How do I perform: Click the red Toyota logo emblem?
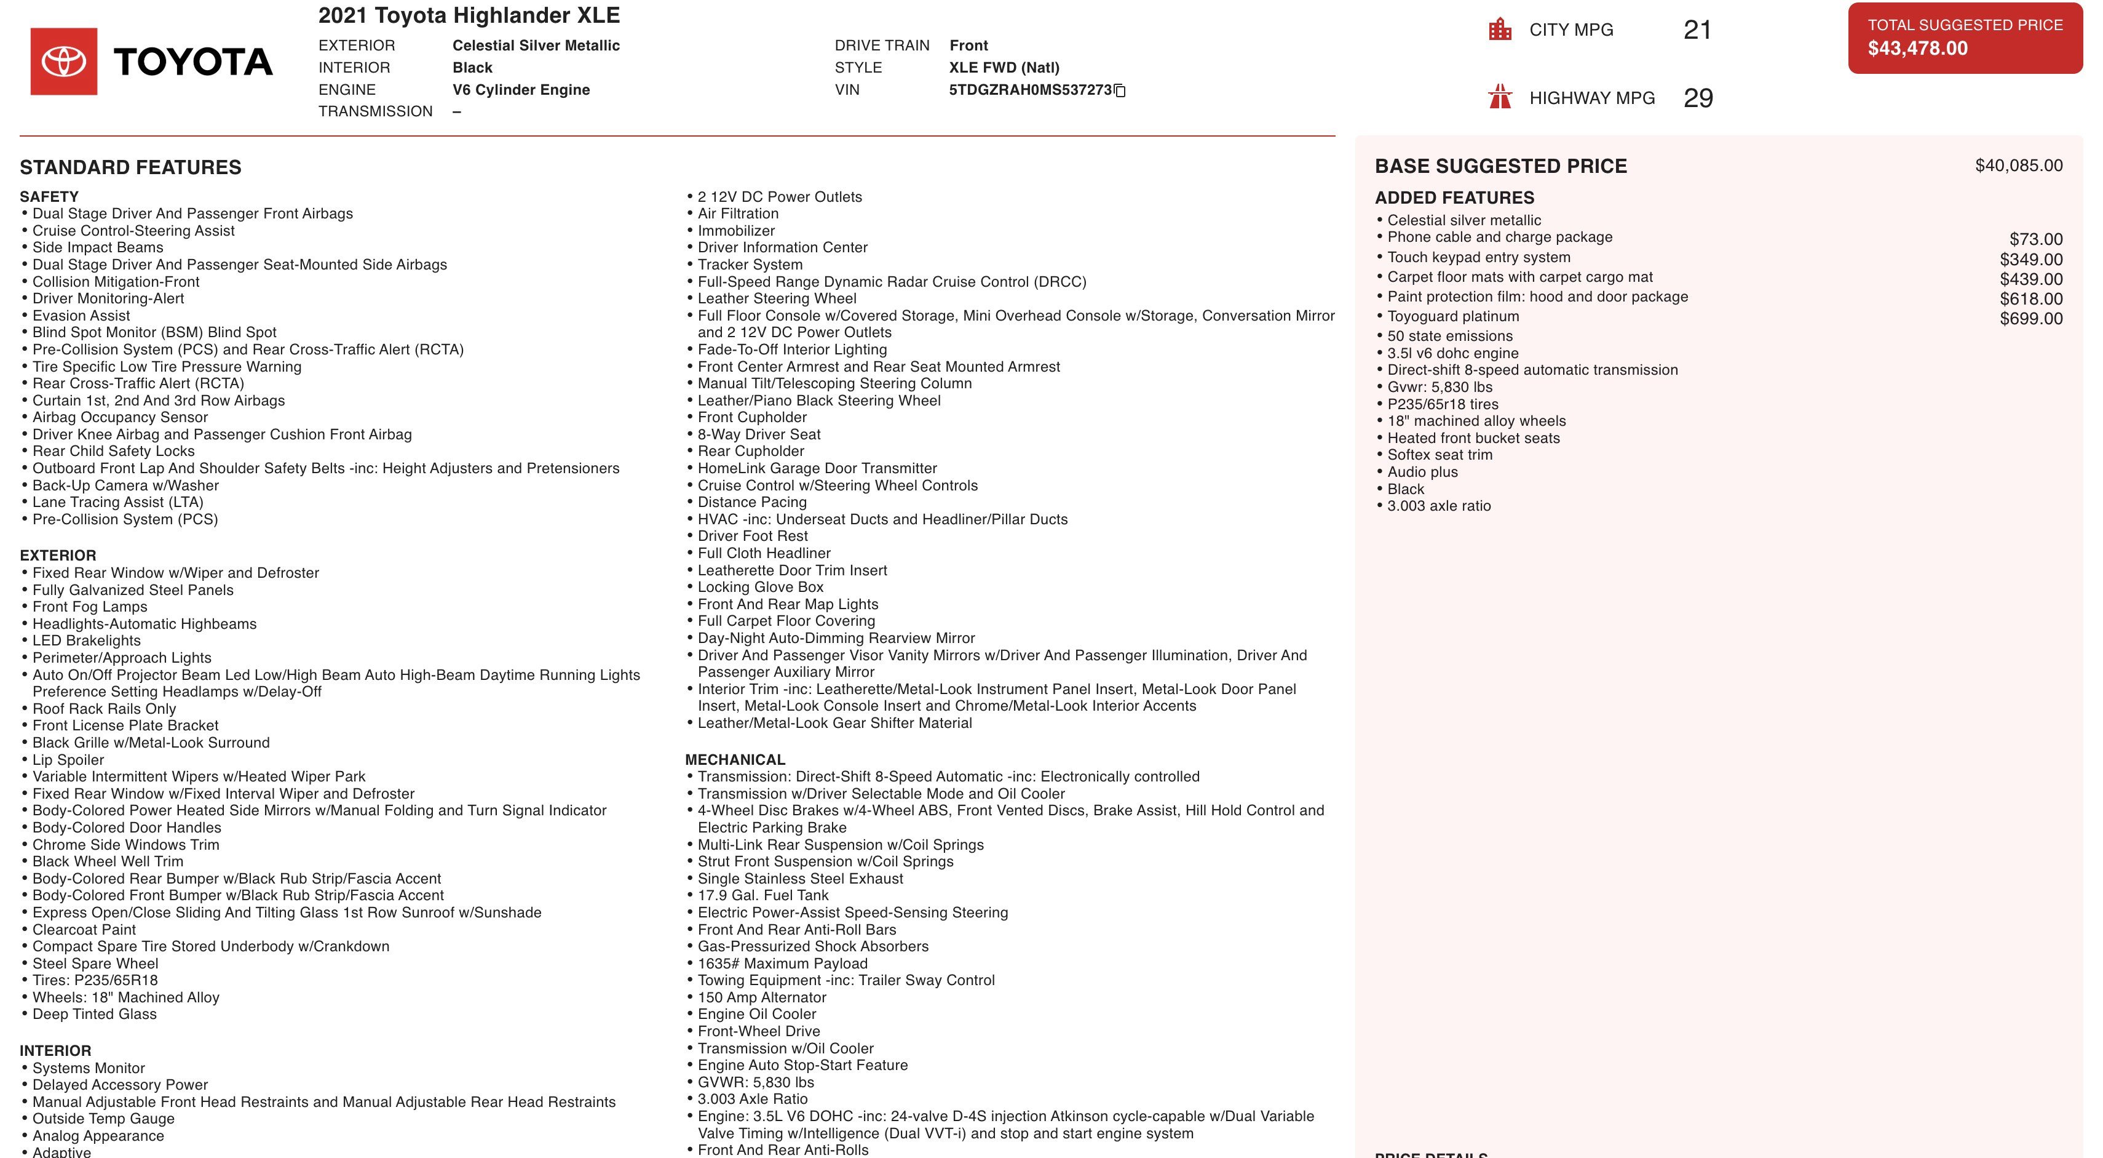coord(64,62)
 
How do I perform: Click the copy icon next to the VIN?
coord(1120,90)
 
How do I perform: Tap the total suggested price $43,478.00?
coord(1918,48)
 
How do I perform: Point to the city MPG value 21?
coord(1697,30)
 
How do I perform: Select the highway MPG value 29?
coord(1698,98)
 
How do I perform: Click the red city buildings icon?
coord(1500,30)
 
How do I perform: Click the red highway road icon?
coord(1500,97)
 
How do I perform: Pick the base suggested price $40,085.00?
coord(2018,166)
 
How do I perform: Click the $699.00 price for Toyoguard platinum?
coord(2030,319)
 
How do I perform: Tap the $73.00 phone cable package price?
coord(2035,239)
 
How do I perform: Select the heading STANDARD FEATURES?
coord(130,167)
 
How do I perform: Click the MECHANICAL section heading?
coord(735,759)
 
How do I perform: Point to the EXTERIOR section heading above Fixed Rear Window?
coord(58,556)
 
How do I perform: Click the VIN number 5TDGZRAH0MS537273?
coord(1029,90)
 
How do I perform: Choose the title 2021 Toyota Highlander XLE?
coord(469,15)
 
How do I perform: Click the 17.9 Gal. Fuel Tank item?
coord(762,895)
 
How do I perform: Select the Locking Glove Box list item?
coord(760,587)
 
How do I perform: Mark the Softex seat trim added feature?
coord(1440,455)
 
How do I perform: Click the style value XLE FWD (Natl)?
coord(1004,68)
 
